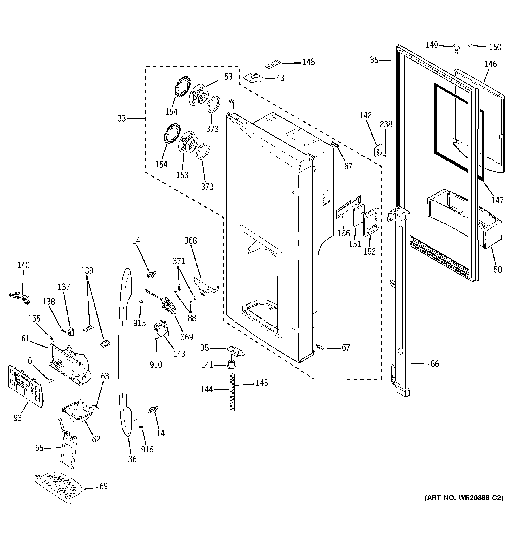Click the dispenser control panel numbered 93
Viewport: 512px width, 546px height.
coord(26,386)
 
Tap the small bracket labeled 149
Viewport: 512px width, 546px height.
coord(456,50)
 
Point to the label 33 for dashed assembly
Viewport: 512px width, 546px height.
coord(121,119)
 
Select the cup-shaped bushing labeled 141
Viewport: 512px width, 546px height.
coord(232,364)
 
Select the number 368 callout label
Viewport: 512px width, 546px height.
coord(191,241)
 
